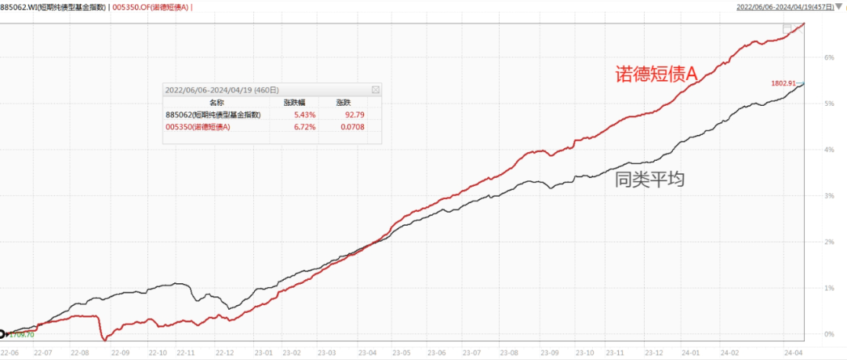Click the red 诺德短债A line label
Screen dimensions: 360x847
(x=655, y=74)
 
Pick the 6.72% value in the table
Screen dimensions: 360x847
(x=304, y=126)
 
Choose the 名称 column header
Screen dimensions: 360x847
(x=217, y=103)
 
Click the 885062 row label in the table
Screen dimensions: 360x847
(x=213, y=115)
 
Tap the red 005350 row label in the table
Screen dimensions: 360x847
(x=198, y=126)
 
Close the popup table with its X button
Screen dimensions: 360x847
(x=375, y=90)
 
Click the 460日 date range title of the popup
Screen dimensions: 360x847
(x=222, y=90)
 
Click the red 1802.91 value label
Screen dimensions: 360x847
(x=784, y=82)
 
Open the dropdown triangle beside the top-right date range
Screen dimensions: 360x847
(x=839, y=7)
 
